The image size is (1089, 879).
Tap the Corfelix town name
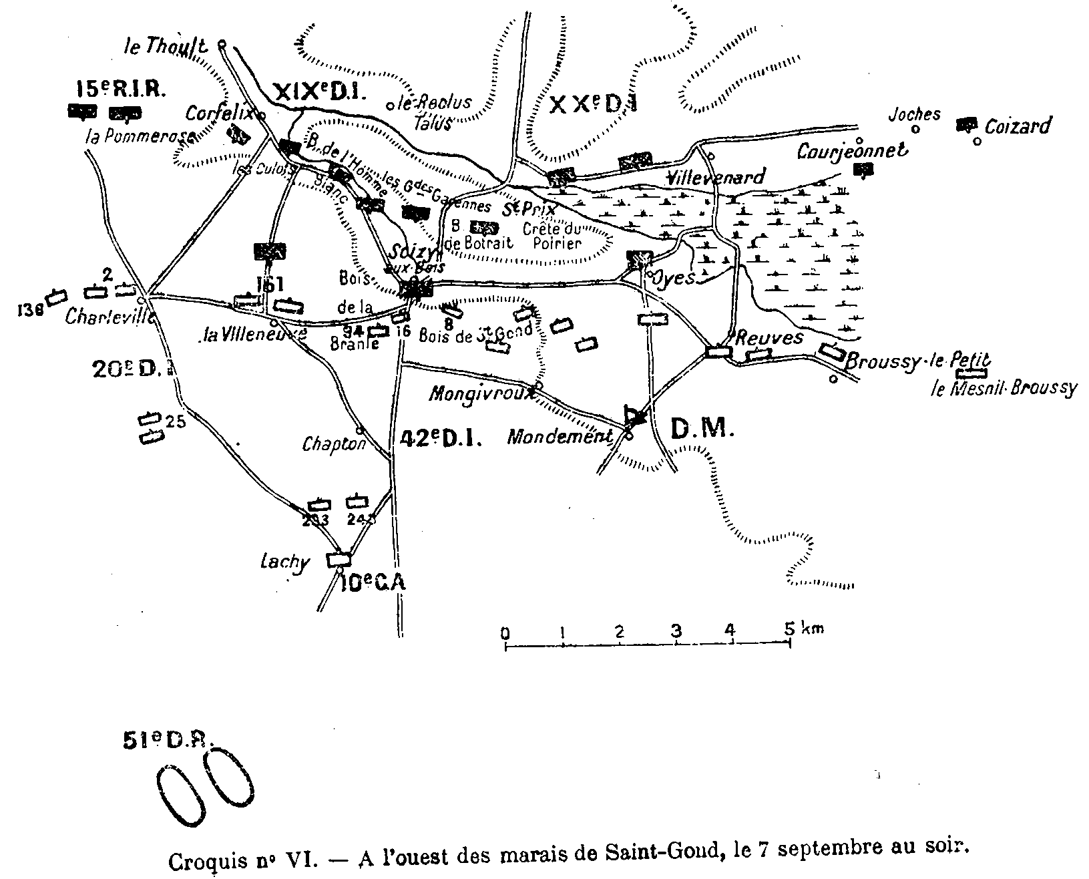(x=219, y=114)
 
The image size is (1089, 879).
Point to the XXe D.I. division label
(x=594, y=104)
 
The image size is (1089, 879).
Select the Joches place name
(x=914, y=114)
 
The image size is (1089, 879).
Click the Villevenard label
(x=716, y=178)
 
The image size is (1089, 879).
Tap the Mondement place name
(x=560, y=437)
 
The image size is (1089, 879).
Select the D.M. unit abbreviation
(x=701, y=429)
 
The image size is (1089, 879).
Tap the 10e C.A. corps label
(x=371, y=583)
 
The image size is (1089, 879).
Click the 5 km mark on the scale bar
(x=790, y=629)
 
